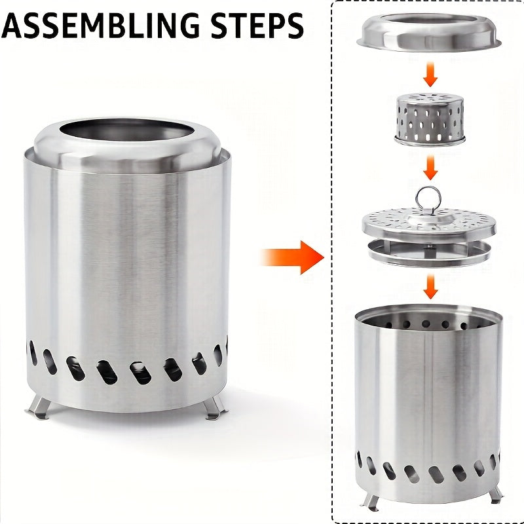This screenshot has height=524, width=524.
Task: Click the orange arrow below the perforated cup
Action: [x=430, y=168]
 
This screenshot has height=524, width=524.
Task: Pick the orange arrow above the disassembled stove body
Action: [x=430, y=286]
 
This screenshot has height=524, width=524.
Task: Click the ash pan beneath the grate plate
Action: [x=429, y=252]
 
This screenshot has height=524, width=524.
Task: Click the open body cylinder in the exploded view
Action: [x=429, y=393]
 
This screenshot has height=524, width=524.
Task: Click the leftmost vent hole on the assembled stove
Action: [x=32, y=354]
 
